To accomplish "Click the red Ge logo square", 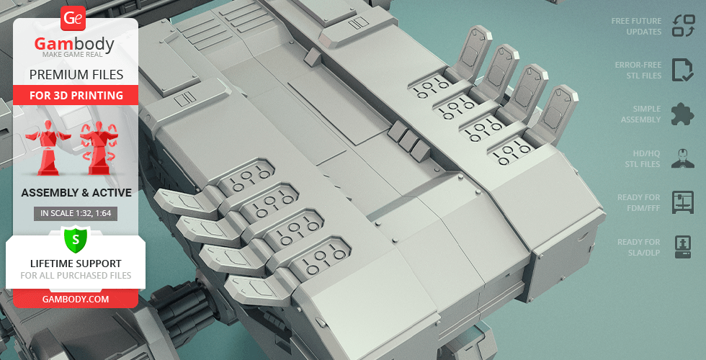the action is pyautogui.click(x=73, y=19).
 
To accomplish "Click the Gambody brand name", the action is pyautogui.click(x=74, y=44).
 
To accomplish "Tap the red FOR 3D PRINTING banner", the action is pyautogui.click(x=76, y=95).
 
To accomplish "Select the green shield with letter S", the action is pyautogui.click(x=76, y=240).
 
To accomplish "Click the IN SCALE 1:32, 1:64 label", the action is pyautogui.click(x=76, y=213).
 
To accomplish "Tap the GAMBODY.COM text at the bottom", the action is pyautogui.click(x=76, y=300).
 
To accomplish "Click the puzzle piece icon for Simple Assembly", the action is pyautogui.click(x=683, y=114).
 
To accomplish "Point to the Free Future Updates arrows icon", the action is pyautogui.click(x=684, y=26).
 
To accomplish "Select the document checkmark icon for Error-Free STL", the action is pyautogui.click(x=683, y=70).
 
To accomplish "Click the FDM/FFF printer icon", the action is pyautogui.click(x=683, y=202).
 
